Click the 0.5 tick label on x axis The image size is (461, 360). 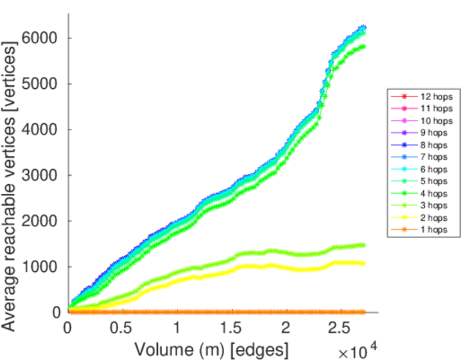[121, 329]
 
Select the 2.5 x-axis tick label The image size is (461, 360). [341, 329]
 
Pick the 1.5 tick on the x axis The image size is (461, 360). [231, 329]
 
